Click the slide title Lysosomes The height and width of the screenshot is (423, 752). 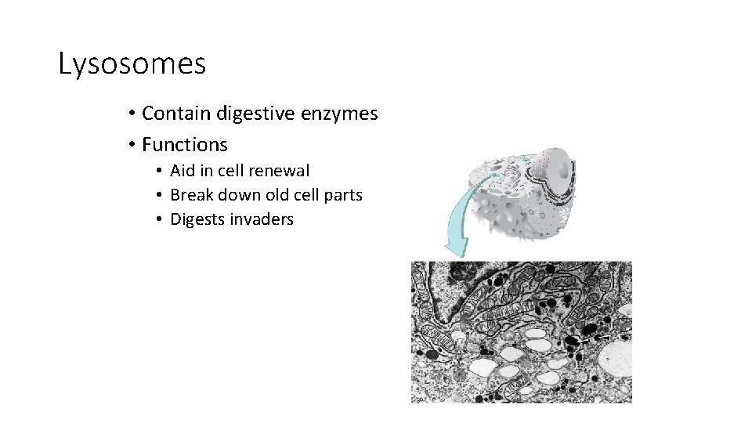point(132,64)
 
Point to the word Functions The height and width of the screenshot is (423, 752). point(185,145)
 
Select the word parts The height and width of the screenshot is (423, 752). point(344,195)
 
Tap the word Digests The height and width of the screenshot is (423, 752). point(197,219)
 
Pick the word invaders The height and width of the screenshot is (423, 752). point(262,219)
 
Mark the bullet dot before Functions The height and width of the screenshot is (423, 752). point(132,146)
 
